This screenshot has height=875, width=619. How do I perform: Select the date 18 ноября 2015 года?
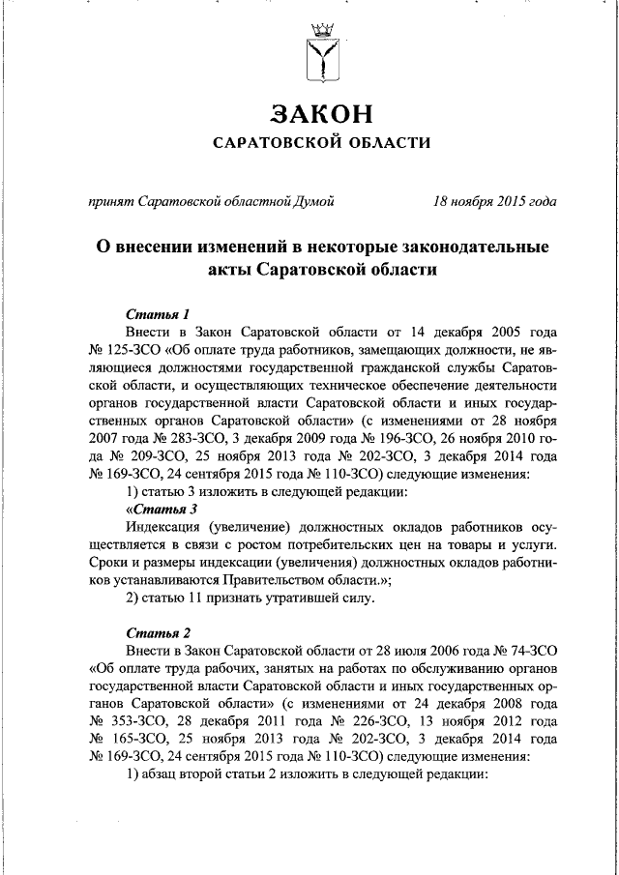pos(494,202)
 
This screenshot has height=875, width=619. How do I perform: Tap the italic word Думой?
pos(313,202)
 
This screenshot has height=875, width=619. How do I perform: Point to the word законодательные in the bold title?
pos(468,247)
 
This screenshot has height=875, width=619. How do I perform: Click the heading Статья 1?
pos(158,313)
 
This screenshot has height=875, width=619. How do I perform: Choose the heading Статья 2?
pos(158,631)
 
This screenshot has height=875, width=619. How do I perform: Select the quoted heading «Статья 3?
pos(162,509)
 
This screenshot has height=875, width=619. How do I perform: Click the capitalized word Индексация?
pos(163,527)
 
